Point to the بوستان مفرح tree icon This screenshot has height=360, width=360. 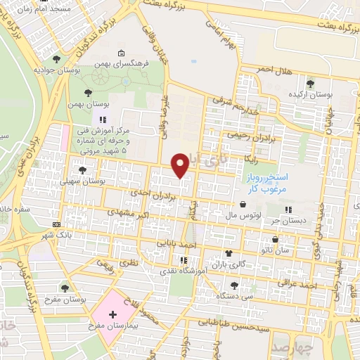(65, 288)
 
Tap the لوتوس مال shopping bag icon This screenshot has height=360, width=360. (243, 205)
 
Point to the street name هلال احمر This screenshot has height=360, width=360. (273, 70)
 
